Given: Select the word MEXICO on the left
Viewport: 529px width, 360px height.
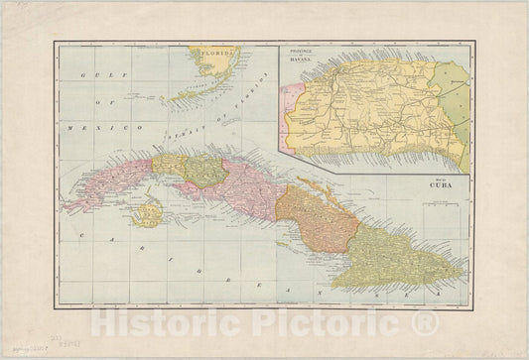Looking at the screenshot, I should [x=112, y=128].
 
